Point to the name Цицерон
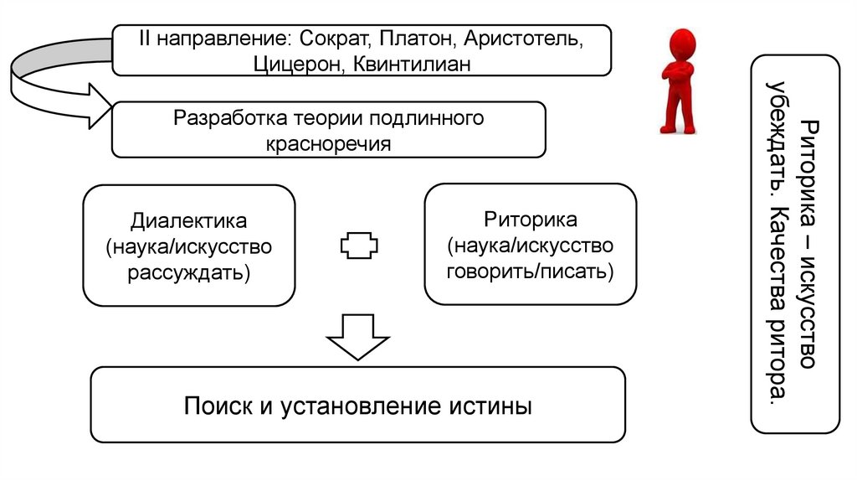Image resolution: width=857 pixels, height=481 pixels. point(295,63)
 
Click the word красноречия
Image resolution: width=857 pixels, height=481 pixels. point(328,142)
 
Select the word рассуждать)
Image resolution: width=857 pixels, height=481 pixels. point(188,272)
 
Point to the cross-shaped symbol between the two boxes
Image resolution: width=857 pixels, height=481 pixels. point(359,246)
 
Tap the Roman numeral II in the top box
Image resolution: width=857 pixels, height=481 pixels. point(144,39)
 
